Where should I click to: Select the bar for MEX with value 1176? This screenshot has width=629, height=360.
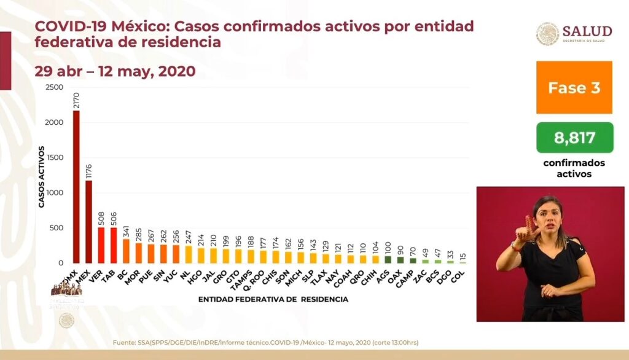(89, 222)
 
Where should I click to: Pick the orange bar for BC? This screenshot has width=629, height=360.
(126, 251)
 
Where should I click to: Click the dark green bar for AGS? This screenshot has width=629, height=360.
(388, 260)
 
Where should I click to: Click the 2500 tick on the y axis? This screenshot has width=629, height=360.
(54, 88)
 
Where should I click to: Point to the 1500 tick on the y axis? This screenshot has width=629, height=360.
(54, 158)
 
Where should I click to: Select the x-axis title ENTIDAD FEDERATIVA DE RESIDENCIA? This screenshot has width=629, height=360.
(273, 299)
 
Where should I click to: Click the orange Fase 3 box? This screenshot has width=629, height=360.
(574, 87)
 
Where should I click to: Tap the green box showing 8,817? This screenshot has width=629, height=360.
(574, 138)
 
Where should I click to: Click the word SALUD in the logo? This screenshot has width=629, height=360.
(587, 31)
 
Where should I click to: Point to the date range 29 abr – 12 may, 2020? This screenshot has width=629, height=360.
(115, 71)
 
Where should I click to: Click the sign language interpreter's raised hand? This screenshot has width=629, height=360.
(523, 233)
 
